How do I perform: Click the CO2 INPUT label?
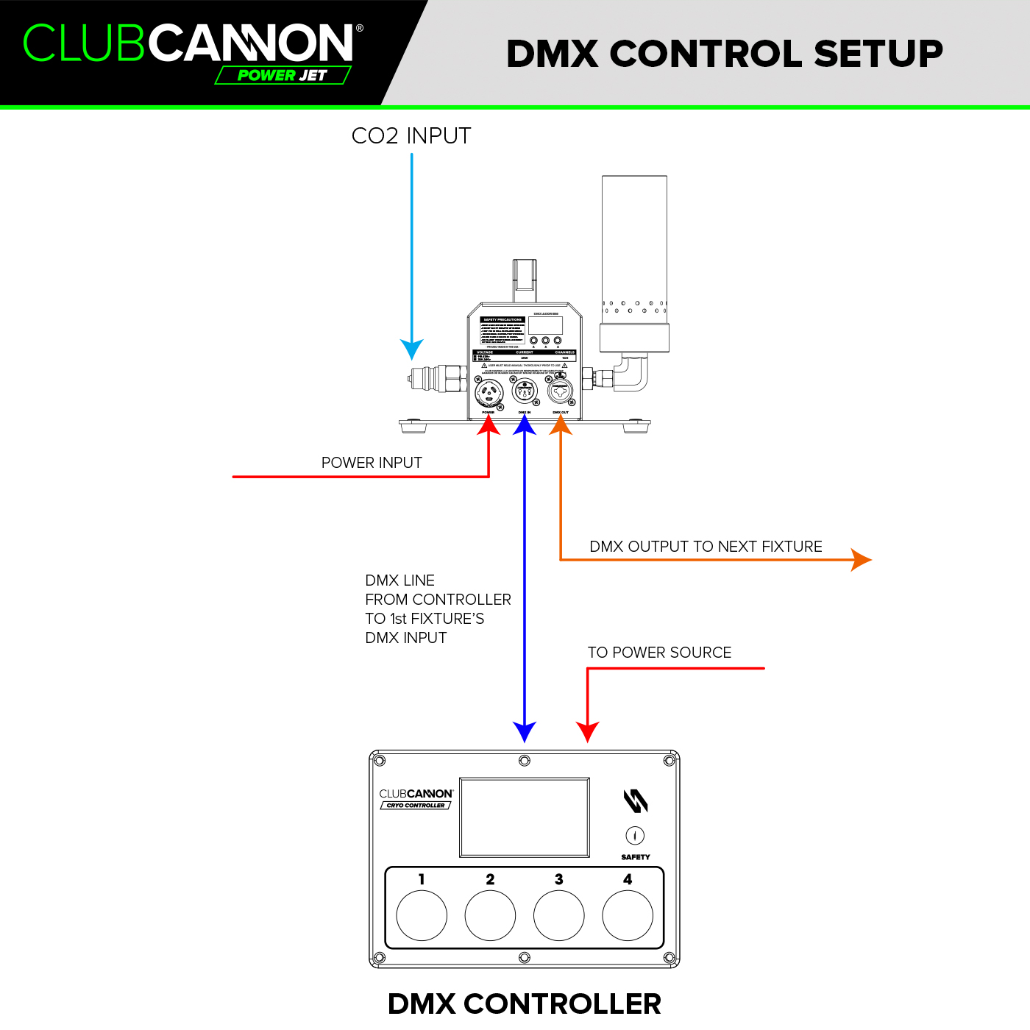[411, 136]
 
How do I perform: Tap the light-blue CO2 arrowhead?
[412, 349]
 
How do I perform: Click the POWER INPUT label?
[372, 463]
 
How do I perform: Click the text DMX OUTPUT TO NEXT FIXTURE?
[706, 547]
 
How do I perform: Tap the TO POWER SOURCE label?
[659, 653]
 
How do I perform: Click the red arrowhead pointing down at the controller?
[588, 732]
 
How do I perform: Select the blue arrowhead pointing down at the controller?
[525, 732]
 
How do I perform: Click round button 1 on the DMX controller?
[422, 915]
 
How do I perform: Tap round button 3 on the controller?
[558, 915]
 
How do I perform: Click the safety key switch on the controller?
[635, 836]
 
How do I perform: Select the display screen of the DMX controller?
[525, 817]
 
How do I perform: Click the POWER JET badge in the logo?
[283, 75]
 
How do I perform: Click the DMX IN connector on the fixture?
[525, 391]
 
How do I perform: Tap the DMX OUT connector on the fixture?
[561, 391]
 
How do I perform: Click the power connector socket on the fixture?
[489, 393]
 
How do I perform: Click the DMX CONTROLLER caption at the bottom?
[525, 1004]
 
